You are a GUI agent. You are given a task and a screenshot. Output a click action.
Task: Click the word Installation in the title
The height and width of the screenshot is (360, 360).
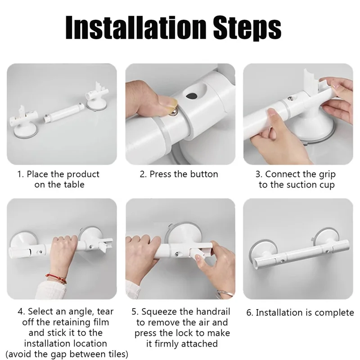(131, 28)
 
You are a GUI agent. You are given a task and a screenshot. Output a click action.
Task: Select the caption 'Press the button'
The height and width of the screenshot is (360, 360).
(179, 174)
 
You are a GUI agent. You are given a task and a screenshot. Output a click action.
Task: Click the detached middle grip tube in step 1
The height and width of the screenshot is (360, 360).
(63, 116)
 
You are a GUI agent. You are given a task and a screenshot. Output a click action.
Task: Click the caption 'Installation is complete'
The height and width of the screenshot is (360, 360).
(300, 312)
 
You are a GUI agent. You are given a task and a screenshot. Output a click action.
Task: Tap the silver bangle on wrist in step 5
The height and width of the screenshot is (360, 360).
(224, 295)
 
